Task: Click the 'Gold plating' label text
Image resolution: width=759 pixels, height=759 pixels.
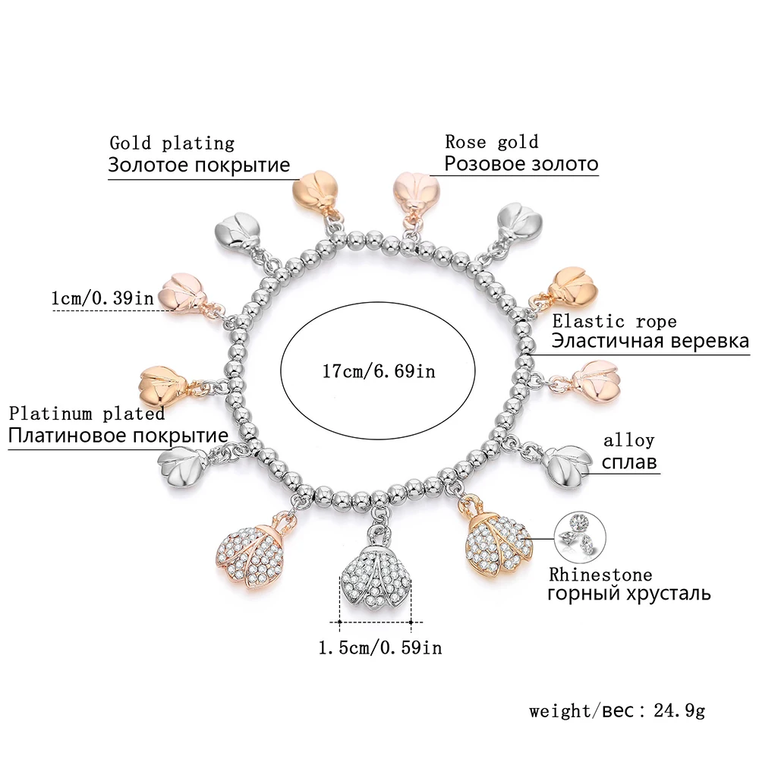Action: point(172,143)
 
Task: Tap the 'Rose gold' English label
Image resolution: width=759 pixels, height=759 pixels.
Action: point(491,142)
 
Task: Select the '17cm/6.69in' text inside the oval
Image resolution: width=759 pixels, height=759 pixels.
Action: point(379,371)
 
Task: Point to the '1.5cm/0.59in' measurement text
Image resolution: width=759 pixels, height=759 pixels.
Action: point(380,647)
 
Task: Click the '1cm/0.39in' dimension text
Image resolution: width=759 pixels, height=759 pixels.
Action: point(102,298)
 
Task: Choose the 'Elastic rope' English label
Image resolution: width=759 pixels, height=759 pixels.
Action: point(614,321)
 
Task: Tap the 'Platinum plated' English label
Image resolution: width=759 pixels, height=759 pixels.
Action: point(87,414)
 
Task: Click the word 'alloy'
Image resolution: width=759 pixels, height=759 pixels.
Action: point(628,440)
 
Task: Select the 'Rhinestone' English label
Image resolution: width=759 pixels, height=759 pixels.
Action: point(600,575)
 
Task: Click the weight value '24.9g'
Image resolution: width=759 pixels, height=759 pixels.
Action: point(679,710)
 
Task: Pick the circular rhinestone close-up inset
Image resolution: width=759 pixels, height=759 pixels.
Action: point(580,537)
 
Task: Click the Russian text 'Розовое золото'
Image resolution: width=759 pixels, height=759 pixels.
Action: point(521,164)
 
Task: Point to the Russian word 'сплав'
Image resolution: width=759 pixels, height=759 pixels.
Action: point(629,461)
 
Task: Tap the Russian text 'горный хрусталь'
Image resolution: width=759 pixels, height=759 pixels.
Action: point(629,594)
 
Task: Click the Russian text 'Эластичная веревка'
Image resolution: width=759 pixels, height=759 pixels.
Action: point(650,341)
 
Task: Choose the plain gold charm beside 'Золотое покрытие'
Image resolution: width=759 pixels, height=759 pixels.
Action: point(316,194)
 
